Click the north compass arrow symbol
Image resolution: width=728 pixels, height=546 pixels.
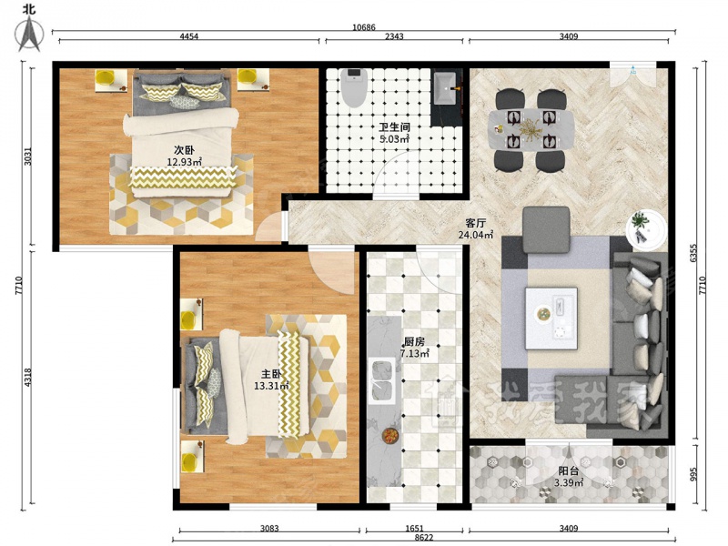coord(29,34)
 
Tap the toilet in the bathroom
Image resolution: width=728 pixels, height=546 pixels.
coord(354,86)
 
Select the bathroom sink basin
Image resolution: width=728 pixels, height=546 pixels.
coord(446,88)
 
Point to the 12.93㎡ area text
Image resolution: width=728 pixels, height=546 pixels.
coord(185,162)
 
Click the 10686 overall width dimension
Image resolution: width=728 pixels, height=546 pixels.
coord(363,27)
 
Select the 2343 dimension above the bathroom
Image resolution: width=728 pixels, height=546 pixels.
coord(394,36)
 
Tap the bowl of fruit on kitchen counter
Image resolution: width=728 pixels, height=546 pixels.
coord(390,436)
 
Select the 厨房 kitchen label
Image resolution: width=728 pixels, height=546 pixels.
coord(414,342)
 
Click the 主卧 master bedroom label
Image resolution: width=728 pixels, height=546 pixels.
coord(271,374)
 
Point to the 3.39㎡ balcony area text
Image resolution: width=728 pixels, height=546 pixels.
coord(569,483)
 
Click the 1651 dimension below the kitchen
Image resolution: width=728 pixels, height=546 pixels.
coord(414,528)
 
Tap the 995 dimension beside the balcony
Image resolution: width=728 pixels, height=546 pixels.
coord(694,474)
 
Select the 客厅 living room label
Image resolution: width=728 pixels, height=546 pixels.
coord(476,223)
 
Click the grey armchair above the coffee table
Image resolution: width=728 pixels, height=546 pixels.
coord(546,230)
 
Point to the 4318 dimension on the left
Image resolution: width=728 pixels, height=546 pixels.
coord(28,377)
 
